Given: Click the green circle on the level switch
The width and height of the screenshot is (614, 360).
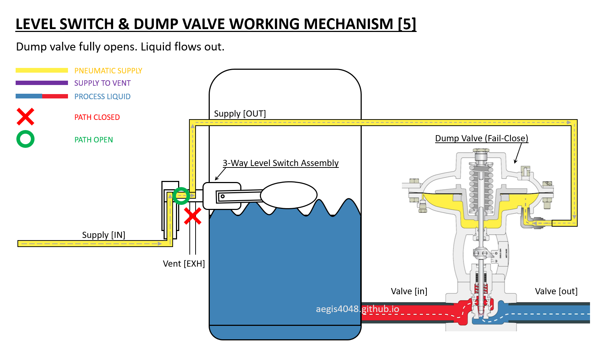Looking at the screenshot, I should click(181, 196).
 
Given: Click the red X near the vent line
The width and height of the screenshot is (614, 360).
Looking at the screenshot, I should click(193, 217).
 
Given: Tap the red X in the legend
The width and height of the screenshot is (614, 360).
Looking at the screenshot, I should click(25, 117).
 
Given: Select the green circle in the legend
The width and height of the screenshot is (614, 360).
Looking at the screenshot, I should click(25, 139).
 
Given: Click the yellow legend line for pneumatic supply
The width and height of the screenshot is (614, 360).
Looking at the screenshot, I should click(42, 70).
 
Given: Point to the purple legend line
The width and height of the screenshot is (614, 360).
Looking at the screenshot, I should click(42, 83).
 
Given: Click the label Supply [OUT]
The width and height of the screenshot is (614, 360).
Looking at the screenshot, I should click(240, 114).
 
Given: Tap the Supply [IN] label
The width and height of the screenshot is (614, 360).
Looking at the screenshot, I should click(104, 235).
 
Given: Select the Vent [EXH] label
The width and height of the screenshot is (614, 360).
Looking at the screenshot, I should click(184, 264).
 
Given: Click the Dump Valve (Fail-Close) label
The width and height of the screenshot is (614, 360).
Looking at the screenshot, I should click(482, 138).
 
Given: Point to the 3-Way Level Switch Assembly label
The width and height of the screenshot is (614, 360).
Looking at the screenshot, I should click(281, 163).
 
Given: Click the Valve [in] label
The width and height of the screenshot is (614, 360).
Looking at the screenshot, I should click(409, 291).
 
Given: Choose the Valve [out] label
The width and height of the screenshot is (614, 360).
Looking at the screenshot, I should click(556, 291).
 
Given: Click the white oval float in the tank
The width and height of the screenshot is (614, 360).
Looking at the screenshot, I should click(289, 195).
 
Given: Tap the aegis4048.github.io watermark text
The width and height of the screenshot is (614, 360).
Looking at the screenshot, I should click(357, 309).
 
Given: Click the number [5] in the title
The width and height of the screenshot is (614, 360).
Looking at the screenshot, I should click(407, 24).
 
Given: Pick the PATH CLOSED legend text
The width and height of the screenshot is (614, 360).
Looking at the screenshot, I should click(97, 117).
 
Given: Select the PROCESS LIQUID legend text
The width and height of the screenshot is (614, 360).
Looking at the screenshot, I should click(103, 97).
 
